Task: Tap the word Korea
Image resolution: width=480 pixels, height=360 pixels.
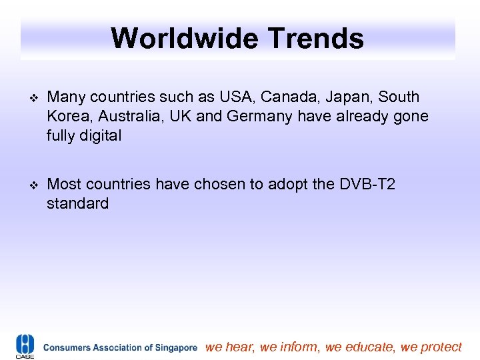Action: coord(69,117)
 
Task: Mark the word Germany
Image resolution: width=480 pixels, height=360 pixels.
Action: coord(259,117)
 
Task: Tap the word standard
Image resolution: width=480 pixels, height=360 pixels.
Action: coord(77,203)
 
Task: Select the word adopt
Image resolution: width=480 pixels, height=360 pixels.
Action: coord(291,183)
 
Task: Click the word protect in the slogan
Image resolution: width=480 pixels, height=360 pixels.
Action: coord(439,347)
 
